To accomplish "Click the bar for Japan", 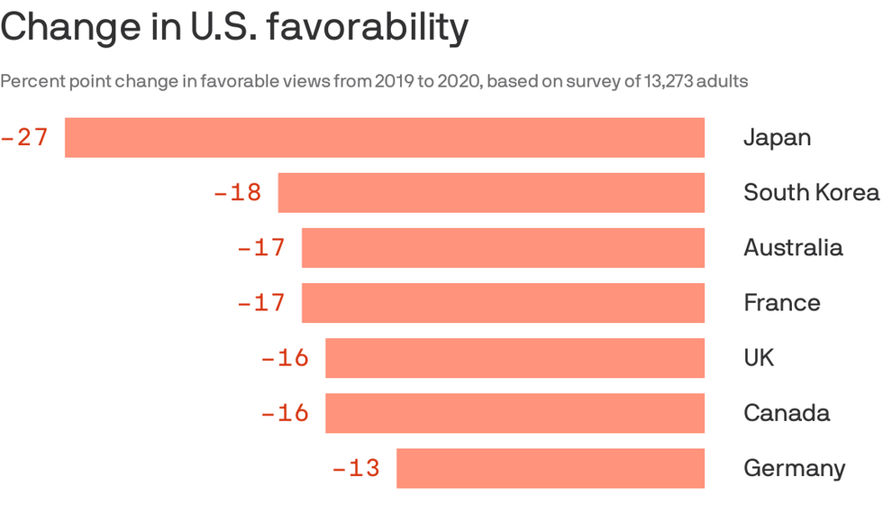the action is (x=385, y=137).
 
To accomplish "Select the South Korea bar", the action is (x=491, y=193).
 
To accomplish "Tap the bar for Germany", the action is (x=551, y=468).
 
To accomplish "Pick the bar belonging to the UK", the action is (x=514, y=358).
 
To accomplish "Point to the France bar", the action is (x=503, y=303).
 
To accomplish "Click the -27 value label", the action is (x=25, y=137).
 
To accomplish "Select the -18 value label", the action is (x=238, y=193).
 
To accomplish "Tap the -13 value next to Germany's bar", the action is (x=356, y=468).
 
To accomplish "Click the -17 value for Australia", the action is (x=261, y=248).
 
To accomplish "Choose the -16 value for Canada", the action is (x=285, y=413).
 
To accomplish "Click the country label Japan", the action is (x=777, y=138).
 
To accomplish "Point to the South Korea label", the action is (x=811, y=193).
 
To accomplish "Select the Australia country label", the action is (x=793, y=248).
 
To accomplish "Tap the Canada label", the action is (x=787, y=413).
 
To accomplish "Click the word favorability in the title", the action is (x=368, y=27).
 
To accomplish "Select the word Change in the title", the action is (x=70, y=28).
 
